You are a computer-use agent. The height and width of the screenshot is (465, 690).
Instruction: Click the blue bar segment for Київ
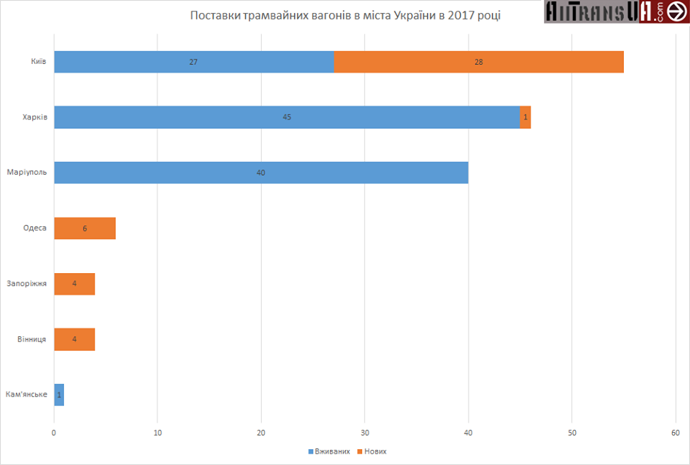194,62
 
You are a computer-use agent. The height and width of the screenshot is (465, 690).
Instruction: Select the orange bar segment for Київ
479,62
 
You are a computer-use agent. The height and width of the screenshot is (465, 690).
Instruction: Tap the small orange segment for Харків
525,117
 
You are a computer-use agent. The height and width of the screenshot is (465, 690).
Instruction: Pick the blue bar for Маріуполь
261,172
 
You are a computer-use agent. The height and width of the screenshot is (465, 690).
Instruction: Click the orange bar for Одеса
85,228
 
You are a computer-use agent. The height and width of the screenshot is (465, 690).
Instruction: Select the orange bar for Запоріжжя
75,283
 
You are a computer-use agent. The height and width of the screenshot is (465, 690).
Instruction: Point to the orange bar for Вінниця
75,339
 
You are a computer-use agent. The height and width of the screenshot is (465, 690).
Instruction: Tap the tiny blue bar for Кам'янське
59,395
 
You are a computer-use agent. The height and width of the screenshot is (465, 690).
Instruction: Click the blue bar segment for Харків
287,117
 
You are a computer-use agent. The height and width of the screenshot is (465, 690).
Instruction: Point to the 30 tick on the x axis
364,433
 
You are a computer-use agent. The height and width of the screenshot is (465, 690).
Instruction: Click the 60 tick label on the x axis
676,433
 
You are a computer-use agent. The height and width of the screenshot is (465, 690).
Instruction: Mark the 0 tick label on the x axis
54,433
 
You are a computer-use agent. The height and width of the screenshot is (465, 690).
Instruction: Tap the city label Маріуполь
27,172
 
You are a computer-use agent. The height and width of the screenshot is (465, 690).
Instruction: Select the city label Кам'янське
26,395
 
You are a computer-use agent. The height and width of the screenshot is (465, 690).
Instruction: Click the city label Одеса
34,228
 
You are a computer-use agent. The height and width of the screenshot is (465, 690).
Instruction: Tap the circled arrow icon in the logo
676,11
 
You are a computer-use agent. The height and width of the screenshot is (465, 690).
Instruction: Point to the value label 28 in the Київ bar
479,62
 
